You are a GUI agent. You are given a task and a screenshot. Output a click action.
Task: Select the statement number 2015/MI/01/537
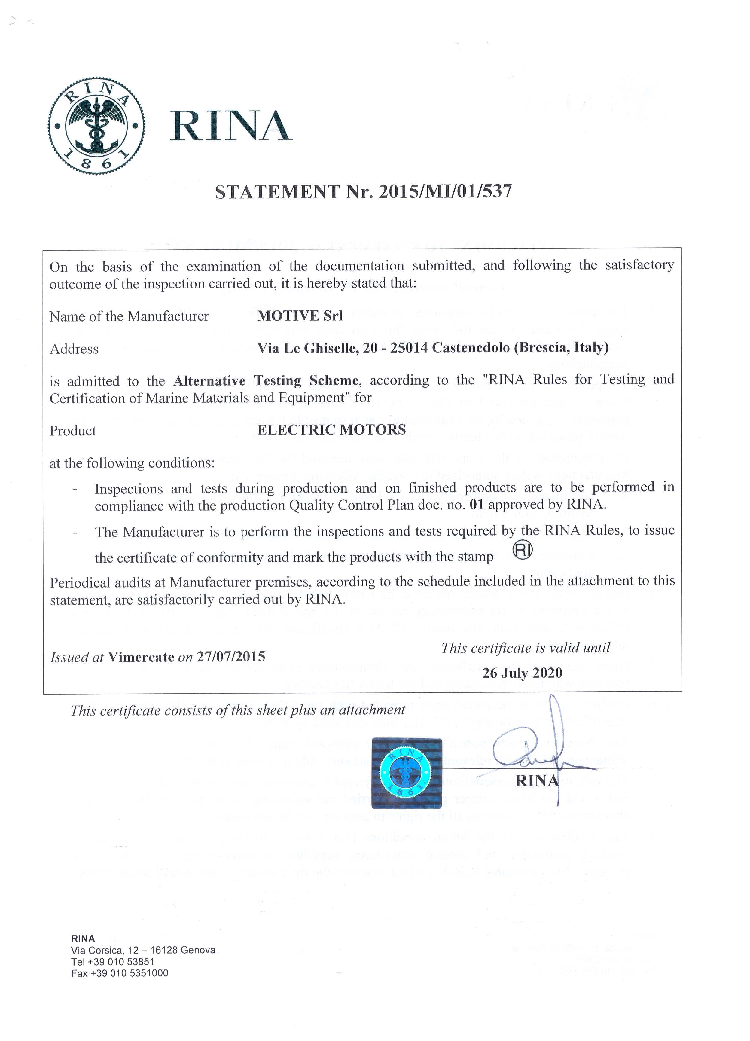point(444,191)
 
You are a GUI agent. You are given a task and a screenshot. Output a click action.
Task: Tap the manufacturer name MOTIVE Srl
point(300,316)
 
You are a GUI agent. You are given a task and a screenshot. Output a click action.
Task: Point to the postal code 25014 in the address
point(409,348)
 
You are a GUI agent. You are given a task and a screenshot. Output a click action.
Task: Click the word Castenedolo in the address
point(471,348)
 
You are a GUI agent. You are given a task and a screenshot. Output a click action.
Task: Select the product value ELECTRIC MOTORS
point(331,430)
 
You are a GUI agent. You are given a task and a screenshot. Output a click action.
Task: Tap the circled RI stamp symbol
point(522,551)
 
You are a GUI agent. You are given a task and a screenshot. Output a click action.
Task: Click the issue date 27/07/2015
point(231,656)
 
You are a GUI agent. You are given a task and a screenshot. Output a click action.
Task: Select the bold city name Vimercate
point(141,657)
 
